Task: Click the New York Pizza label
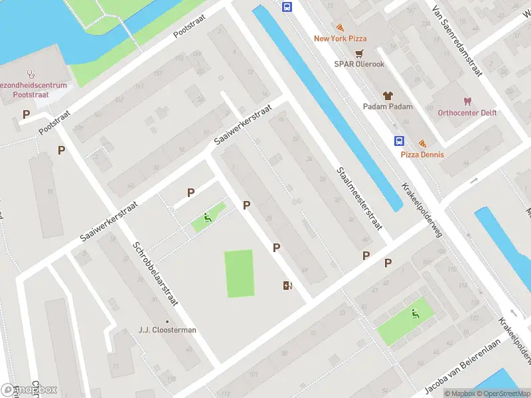(x=341, y=38)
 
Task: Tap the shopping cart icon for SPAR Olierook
(x=359, y=54)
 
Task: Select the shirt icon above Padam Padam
(x=388, y=96)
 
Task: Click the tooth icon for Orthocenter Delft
(x=467, y=101)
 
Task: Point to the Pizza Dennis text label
(x=422, y=155)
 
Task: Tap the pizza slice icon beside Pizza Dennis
(x=422, y=143)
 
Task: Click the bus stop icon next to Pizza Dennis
(x=400, y=141)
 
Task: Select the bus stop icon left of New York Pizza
(x=287, y=7)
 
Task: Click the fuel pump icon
(x=287, y=285)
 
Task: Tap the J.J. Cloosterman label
(x=167, y=330)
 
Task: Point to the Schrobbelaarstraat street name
(x=155, y=273)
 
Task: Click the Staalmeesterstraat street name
(x=358, y=198)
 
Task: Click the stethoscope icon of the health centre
(x=30, y=74)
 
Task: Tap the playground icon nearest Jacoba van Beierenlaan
(x=416, y=314)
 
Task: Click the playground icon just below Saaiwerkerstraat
(x=207, y=217)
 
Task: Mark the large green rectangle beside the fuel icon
(x=239, y=273)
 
